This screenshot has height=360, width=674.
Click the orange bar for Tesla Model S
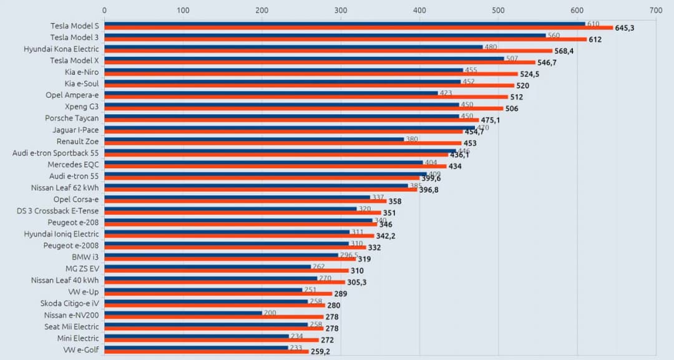[359, 28]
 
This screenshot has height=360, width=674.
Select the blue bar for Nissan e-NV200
[183, 313]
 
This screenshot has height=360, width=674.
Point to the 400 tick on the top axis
[420, 10]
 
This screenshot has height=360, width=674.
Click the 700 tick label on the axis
[656, 10]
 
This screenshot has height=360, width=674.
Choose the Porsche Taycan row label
[71, 118]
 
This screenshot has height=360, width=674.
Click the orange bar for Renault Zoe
[283, 143]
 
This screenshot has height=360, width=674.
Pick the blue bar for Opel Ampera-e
[271, 93]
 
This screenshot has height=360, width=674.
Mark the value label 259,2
[321, 352]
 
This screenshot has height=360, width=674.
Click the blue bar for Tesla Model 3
[325, 36]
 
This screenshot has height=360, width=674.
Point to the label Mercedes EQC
[73, 164]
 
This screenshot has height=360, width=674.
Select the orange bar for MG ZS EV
[226, 271]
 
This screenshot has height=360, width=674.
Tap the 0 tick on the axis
[104, 10]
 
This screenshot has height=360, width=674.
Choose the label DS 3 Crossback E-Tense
[57, 210]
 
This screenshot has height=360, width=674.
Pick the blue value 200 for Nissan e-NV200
[270, 313]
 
